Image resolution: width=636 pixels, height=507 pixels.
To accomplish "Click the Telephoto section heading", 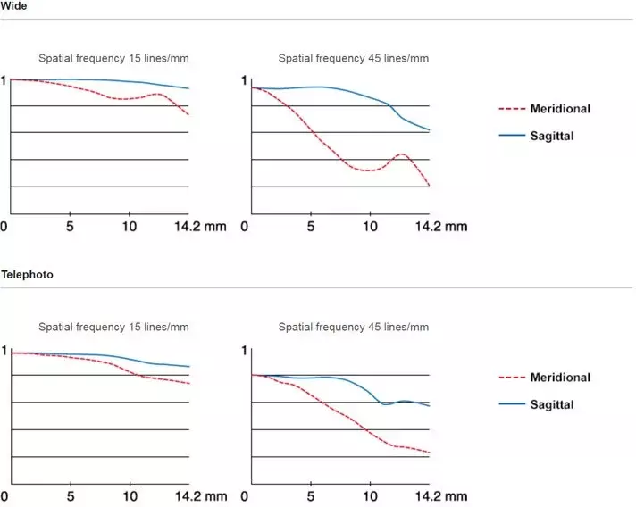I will (27, 274).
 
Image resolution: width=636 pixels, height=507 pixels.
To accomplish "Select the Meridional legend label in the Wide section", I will (560, 109).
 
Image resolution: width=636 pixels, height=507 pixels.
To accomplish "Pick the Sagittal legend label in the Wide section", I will (551, 136).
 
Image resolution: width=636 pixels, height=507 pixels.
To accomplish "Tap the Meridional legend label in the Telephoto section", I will (560, 378).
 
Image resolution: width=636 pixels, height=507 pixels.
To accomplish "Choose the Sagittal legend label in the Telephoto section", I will (551, 404).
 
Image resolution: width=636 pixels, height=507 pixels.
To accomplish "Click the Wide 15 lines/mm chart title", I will (113, 58).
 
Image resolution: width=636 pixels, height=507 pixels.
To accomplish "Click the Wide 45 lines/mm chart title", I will (354, 58).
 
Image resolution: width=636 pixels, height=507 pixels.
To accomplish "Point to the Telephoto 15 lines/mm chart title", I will (113, 328).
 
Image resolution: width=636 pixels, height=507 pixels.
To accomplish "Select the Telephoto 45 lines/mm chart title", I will (354, 328).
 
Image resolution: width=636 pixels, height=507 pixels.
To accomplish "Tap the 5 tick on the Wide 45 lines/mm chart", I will (311, 226).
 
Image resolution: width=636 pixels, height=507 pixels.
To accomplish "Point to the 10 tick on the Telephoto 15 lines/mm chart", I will (130, 495).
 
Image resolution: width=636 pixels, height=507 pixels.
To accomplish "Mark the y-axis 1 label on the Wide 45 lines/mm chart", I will (244, 81).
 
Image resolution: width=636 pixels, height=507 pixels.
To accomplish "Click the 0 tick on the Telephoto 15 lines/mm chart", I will (4, 495).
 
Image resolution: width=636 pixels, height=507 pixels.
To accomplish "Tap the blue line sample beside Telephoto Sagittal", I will (511, 404).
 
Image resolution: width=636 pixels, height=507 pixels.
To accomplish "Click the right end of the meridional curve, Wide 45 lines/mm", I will (430, 186).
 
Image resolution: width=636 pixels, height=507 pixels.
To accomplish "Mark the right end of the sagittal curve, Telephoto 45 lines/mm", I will (430, 406).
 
